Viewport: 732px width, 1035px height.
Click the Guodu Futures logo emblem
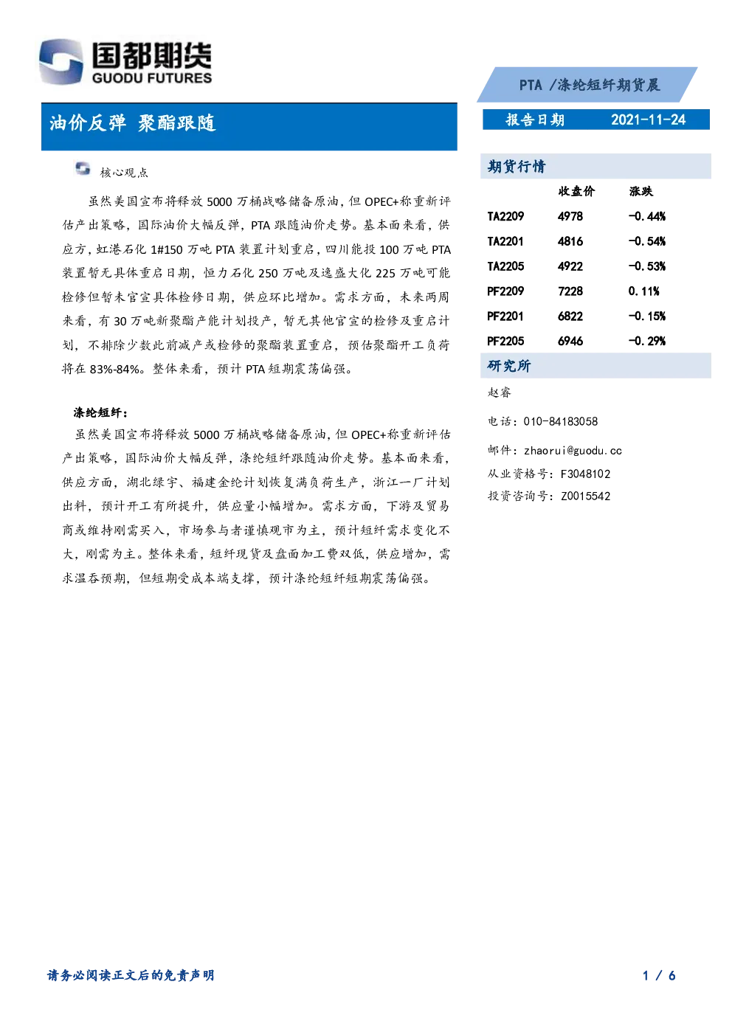click(x=61, y=61)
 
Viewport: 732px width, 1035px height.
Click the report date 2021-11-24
click(x=648, y=120)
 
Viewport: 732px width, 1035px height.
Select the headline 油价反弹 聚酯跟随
click(x=132, y=123)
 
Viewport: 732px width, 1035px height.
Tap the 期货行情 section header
click(x=517, y=166)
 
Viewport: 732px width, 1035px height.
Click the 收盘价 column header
click(x=576, y=191)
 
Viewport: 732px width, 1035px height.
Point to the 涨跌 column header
click(x=640, y=191)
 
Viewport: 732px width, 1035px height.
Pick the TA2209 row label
click(x=505, y=216)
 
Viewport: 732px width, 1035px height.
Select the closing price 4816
click(x=570, y=241)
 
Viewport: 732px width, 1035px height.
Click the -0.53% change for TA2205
click(x=647, y=266)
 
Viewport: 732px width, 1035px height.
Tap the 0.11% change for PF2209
click(x=643, y=291)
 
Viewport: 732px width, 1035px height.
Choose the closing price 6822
click(x=570, y=316)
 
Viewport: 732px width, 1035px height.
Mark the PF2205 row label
click(x=505, y=341)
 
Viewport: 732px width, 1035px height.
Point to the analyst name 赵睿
click(x=499, y=392)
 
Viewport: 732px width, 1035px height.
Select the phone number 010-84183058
click(x=561, y=421)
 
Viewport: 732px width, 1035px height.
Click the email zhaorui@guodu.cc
click(x=573, y=451)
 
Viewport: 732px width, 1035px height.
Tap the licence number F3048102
click(x=585, y=474)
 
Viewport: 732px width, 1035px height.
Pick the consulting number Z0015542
click(x=585, y=496)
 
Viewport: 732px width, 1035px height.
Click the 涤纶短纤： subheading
click(x=101, y=412)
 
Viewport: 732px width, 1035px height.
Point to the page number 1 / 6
click(x=659, y=975)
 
